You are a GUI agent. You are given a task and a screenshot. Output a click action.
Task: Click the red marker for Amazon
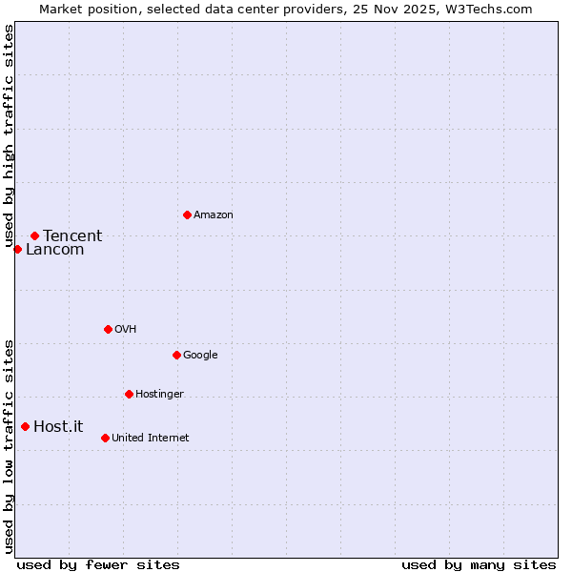[x=187, y=214]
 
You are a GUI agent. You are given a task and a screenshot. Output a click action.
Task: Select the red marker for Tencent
[x=34, y=235]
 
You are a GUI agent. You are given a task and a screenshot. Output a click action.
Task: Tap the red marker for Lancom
[x=17, y=249]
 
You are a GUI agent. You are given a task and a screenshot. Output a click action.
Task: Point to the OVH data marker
[x=108, y=329]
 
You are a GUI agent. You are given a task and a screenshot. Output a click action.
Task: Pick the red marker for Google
[x=176, y=355]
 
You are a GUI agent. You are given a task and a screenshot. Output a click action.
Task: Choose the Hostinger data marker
[x=129, y=394]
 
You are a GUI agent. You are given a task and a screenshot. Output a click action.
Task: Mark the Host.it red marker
[x=25, y=426]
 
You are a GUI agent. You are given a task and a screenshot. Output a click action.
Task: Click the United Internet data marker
[x=105, y=438]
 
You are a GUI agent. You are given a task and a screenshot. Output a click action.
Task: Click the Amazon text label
[x=214, y=215]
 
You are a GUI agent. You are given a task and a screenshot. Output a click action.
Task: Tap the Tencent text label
[x=72, y=236]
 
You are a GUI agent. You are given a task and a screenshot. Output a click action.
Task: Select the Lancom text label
[x=54, y=250]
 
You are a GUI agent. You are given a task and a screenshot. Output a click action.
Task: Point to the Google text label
[x=200, y=356]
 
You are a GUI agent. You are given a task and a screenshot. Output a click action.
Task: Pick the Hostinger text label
[x=159, y=395]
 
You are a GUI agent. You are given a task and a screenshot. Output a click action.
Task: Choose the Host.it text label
[x=58, y=427]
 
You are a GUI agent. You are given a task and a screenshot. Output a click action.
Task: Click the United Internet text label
[x=150, y=439]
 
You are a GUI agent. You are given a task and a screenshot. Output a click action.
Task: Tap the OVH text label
[x=125, y=330]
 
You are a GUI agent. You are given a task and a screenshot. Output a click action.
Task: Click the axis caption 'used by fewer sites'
[x=98, y=564]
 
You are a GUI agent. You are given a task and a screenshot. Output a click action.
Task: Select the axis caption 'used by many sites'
[x=479, y=564]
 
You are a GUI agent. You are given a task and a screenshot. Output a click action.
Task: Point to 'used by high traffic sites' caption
[x=9, y=135]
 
